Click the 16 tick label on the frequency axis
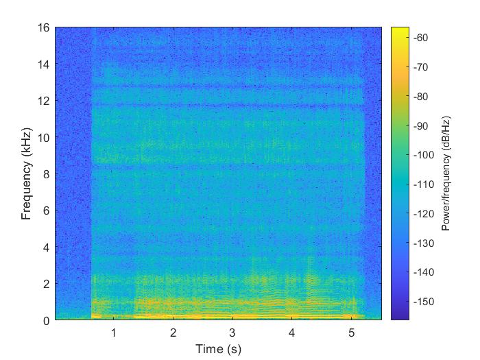tap(43, 27)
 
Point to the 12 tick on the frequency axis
tap(55, 101)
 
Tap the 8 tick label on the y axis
tap(45, 173)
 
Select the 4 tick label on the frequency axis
tap(45, 247)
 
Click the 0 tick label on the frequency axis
tap(45, 320)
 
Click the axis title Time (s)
tap(218, 348)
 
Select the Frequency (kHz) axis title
tap(27, 173)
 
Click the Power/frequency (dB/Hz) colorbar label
tap(446, 173)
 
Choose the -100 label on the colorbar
tap(425, 155)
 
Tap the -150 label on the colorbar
tap(425, 302)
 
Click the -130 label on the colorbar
tap(425, 243)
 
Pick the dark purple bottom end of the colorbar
tap(400, 317)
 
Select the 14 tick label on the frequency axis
tap(43, 64)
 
